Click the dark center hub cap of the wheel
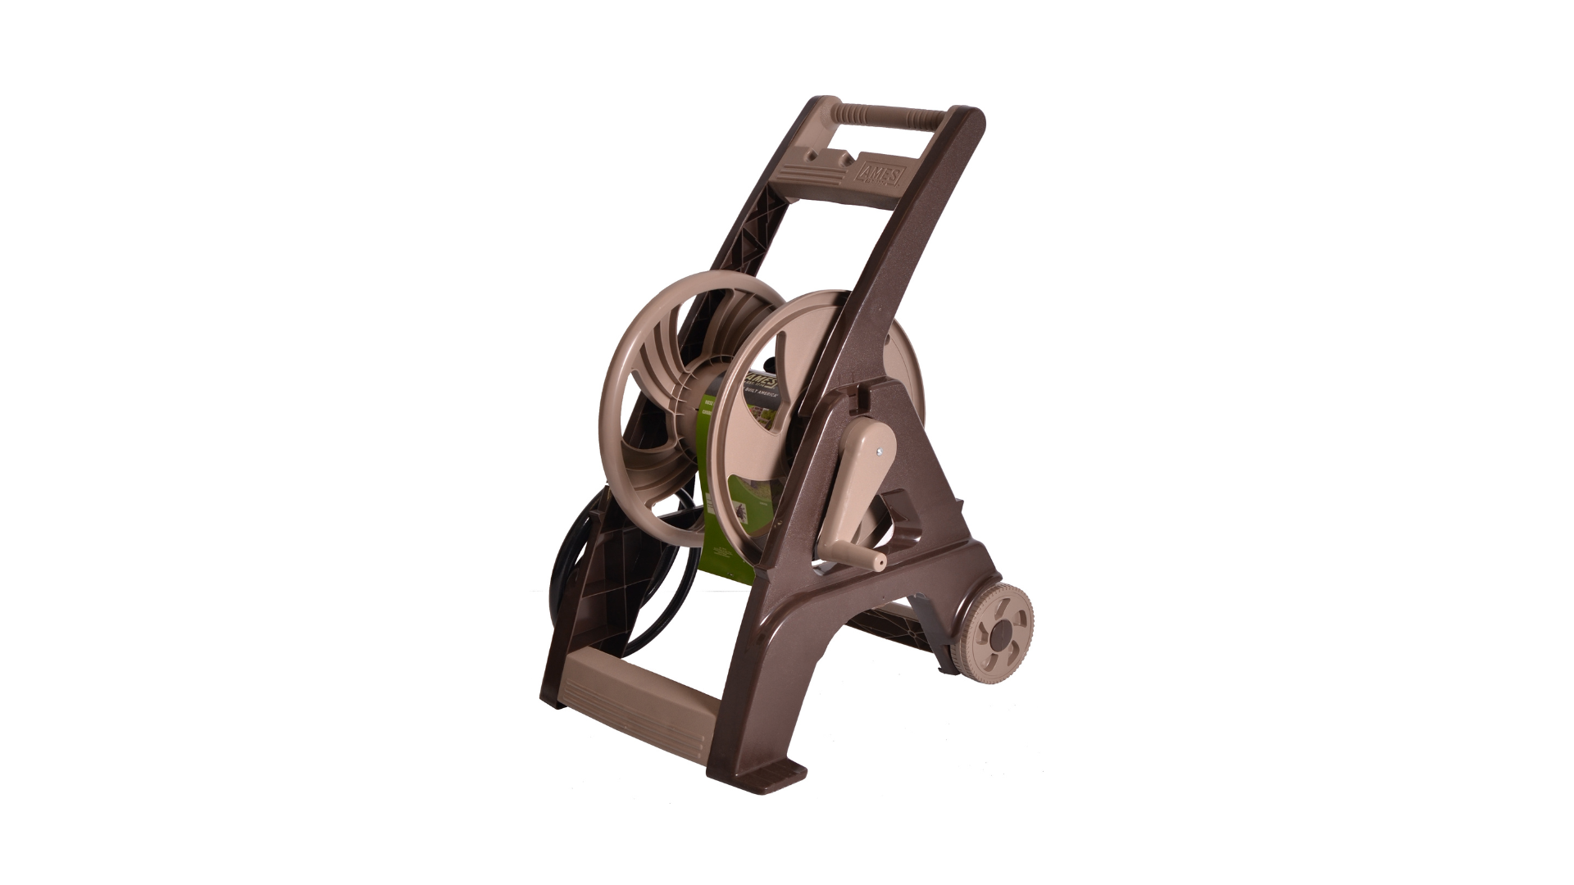click(x=1005, y=637)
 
